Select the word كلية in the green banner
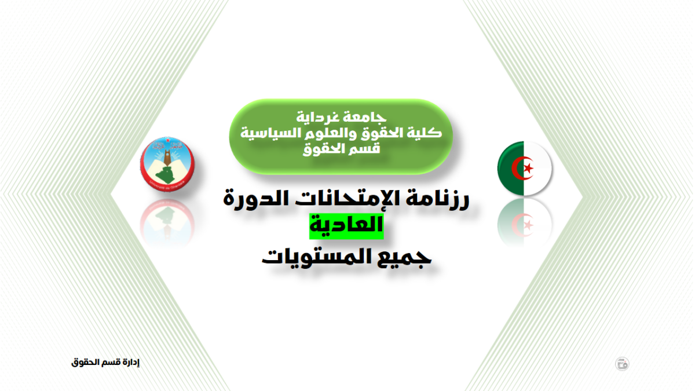pos(426,133)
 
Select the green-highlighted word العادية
pos(346,225)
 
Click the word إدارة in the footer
pos(131,362)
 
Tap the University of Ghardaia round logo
pos(167,164)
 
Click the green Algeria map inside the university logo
pos(166,175)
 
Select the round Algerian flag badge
pos(524,168)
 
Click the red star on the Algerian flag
pos(528,169)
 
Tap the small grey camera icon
pos(622,364)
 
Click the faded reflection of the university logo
pos(167,222)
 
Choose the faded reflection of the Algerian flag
pos(524,222)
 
